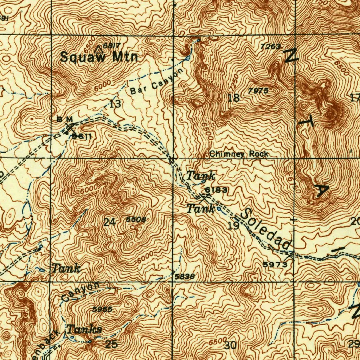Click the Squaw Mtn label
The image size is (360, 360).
pyautogui.click(x=99, y=57)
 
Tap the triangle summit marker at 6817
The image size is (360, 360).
pyautogui.click(x=99, y=49)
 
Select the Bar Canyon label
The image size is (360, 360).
pyautogui.click(x=157, y=82)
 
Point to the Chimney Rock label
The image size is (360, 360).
pyautogui.click(x=239, y=154)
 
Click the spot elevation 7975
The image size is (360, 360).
pyautogui.click(x=258, y=91)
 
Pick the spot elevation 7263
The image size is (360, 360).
pyautogui.click(x=271, y=46)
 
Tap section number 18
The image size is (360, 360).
pyautogui.click(x=233, y=98)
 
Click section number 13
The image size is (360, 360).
pyautogui.click(x=115, y=104)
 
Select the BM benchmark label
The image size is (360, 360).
pyautogui.click(x=65, y=119)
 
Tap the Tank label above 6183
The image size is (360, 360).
pyautogui.click(x=200, y=175)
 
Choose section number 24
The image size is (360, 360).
pyautogui.click(x=109, y=222)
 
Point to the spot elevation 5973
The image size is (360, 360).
pyautogui.click(x=275, y=264)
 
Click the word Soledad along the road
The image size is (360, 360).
pyautogui.click(x=268, y=230)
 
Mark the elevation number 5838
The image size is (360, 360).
pyautogui.click(x=185, y=277)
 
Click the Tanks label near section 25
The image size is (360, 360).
pyautogui.click(x=84, y=330)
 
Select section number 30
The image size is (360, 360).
pyautogui.click(x=231, y=346)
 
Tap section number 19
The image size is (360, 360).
pyautogui.click(x=233, y=226)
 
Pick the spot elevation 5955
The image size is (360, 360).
pyautogui.click(x=102, y=309)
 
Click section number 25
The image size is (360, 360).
pyautogui.click(x=111, y=344)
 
